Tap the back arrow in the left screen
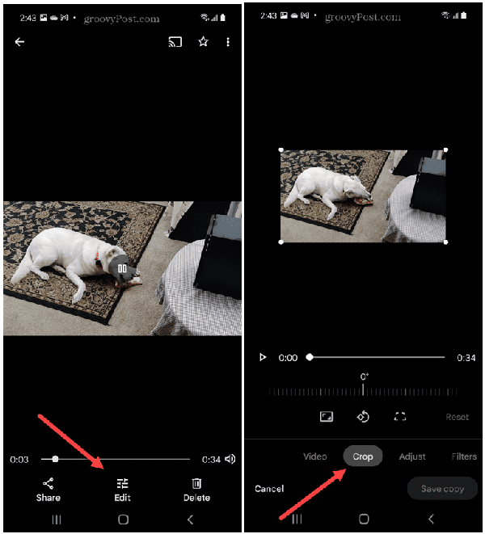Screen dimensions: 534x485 tap(19, 42)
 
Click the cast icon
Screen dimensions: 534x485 tap(175, 42)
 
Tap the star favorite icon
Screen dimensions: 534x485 tap(203, 42)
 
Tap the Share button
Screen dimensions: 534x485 tap(48, 490)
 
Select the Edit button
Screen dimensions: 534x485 tap(122, 490)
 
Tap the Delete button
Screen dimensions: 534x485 tap(196, 490)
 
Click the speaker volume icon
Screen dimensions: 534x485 tap(230, 459)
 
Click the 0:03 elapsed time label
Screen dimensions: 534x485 tap(19, 460)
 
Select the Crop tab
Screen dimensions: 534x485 tap(363, 456)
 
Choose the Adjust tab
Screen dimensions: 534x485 tap(412, 456)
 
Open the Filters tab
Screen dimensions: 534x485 tap(464, 456)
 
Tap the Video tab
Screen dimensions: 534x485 tap(315, 456)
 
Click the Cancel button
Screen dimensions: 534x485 tap(269, 489)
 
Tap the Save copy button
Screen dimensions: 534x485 tap(442, 489)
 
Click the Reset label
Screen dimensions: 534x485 tap(457, 417)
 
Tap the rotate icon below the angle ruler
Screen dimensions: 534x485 tap(363, 417)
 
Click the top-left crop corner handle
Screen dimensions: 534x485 tap(280, 149)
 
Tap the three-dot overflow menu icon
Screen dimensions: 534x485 tap(228, 42)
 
